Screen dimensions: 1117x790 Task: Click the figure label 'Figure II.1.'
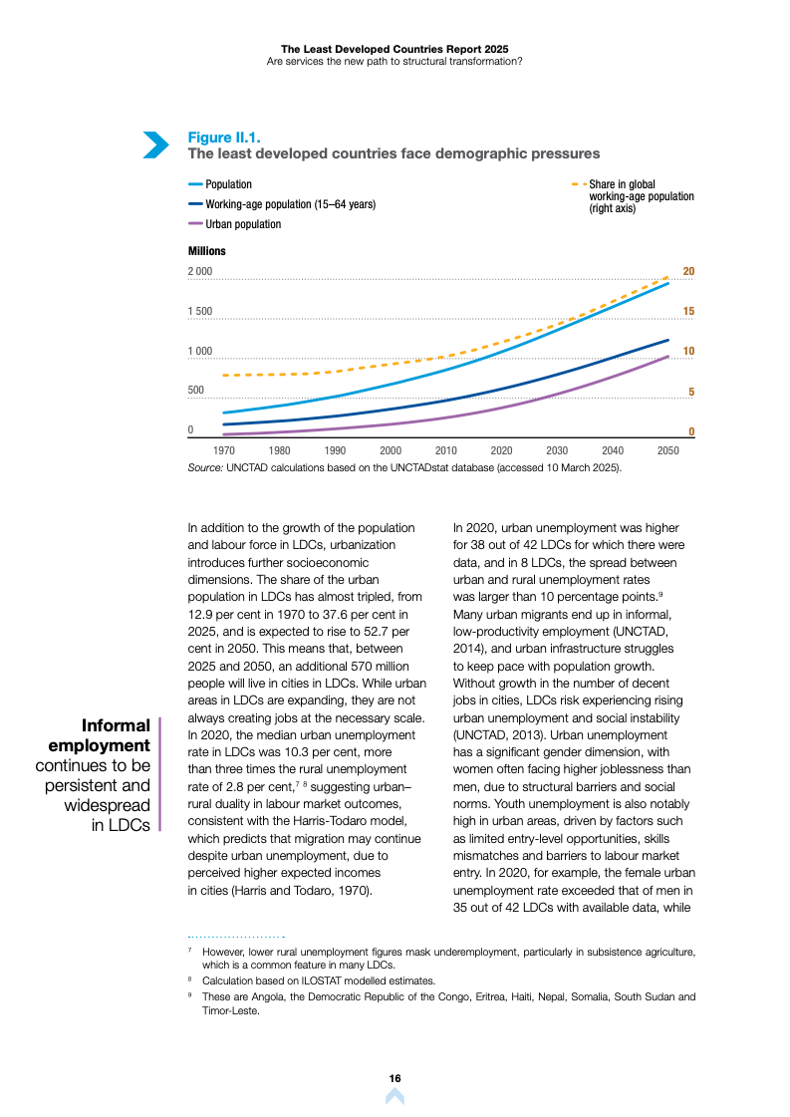[x=225, y=138]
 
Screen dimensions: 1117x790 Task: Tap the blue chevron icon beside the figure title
[x=155, y=144]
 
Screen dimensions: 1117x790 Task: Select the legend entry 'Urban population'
[x=243, y=224]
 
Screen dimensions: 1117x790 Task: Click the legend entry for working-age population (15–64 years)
[x=290, y=204]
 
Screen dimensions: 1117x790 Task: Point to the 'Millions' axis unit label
[x=207, y=251]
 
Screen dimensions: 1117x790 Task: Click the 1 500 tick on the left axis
[x=200, y=312]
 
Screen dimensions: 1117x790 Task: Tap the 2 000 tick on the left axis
[x=200, y=272]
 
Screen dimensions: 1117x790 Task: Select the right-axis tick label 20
[x=687, y=272]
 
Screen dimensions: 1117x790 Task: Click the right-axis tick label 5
[x=690, y=393]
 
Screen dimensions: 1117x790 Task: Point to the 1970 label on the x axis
[x=224, y=450]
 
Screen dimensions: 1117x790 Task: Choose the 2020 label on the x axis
[x=501, y=450]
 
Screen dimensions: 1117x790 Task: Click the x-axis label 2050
[x=668, y=450]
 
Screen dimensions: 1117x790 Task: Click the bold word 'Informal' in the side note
[x=116, y=725]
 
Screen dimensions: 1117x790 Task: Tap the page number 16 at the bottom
[x=395, y=1079]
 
